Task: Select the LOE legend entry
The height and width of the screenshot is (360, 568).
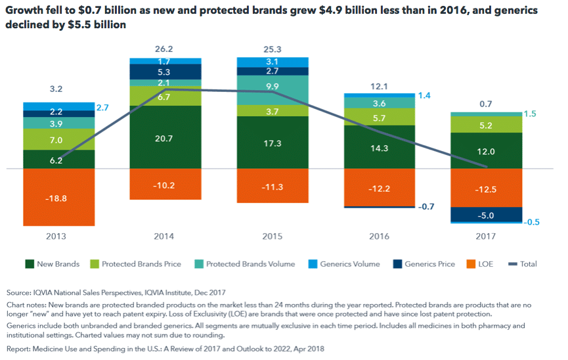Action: tap(483, 264)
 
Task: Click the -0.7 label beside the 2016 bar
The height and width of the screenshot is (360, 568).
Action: tap(427, 206)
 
